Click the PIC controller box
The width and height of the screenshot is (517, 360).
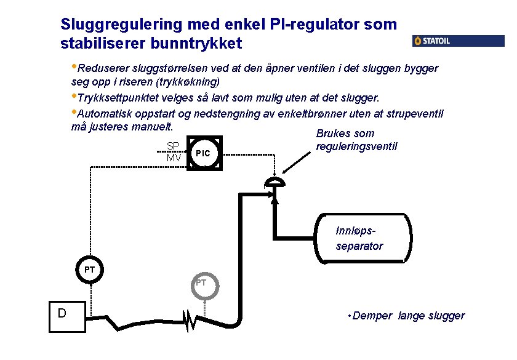(x=202, y=153)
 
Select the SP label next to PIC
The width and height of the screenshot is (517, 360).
(x=173, y=146)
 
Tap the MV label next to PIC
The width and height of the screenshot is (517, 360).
(x=174, y=158)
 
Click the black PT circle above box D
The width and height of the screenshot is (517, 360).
(x=90, y=270)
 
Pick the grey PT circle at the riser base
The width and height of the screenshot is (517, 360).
(x=201, y=284)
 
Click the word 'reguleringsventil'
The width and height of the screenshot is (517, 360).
(x=356, y=146)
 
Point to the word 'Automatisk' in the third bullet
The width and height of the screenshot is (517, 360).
(x=105, y=114)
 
